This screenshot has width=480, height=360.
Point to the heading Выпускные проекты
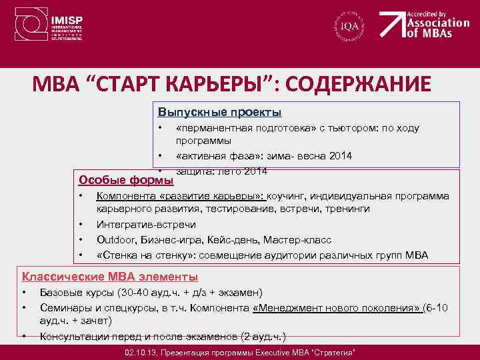tap(220, 111)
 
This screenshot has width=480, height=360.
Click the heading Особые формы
tap(126, 180)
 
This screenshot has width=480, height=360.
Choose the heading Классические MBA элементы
tap(110, 277)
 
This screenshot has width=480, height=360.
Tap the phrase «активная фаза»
tap(215, 156)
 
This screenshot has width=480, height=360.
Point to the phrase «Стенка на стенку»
tap(137, 255)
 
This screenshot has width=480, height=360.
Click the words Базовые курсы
tap(77, 292)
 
